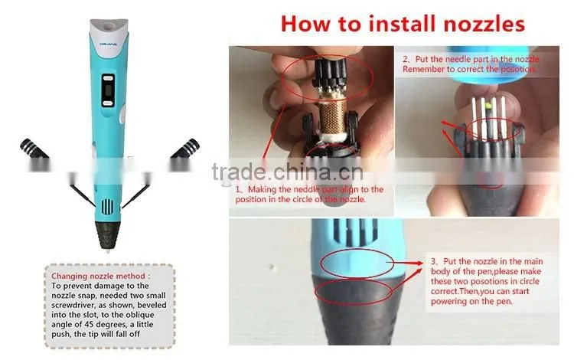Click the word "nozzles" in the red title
(x=484, y=25)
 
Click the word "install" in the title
(x=403, y=24)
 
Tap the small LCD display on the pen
(x=108, y=90)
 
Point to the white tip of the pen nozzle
(x=108, y=251)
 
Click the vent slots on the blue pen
(x=107, y=207)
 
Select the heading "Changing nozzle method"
(x=98, y=276)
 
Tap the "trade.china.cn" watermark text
(x=287, y=172)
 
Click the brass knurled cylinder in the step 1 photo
(x=333, y=116)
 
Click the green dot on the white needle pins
(x=488, y=106)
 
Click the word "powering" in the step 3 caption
(x=448, y=301)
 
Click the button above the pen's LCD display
(x=108, y=77)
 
